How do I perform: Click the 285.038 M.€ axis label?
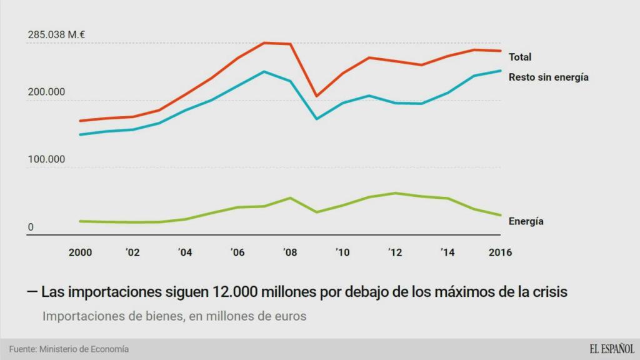pos(56,35)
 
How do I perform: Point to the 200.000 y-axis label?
pos(46,92)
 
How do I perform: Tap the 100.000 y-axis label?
pos(46,159)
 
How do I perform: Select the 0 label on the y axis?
pos(31,227)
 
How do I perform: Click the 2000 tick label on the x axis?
pos(80,252)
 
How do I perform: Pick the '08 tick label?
pos(289,252)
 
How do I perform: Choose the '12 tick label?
pos(394,252)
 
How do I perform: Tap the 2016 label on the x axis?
pos(500,252)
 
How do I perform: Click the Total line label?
pos(520,57)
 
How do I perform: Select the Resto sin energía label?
pos(549,77)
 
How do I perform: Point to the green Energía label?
pos(526,221)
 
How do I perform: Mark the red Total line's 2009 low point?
pos(316,96)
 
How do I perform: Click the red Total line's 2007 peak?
pos(264,42)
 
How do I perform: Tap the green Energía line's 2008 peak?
pos(290,197)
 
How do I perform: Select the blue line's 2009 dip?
pos(316,119)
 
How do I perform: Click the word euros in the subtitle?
pos(289,316)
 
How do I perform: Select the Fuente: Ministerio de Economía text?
pos(69,349)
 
